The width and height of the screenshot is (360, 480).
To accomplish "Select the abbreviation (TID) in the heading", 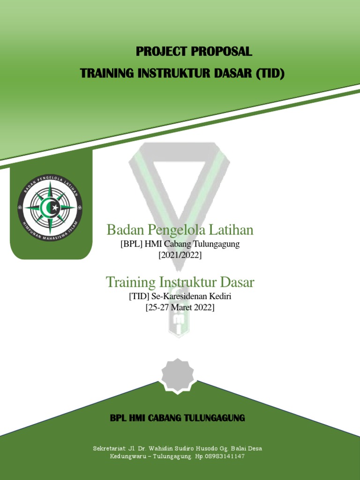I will point(270,74).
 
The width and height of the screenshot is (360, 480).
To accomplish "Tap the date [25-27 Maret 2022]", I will point(180,307).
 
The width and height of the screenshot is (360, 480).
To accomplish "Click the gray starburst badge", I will point(177,375).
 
